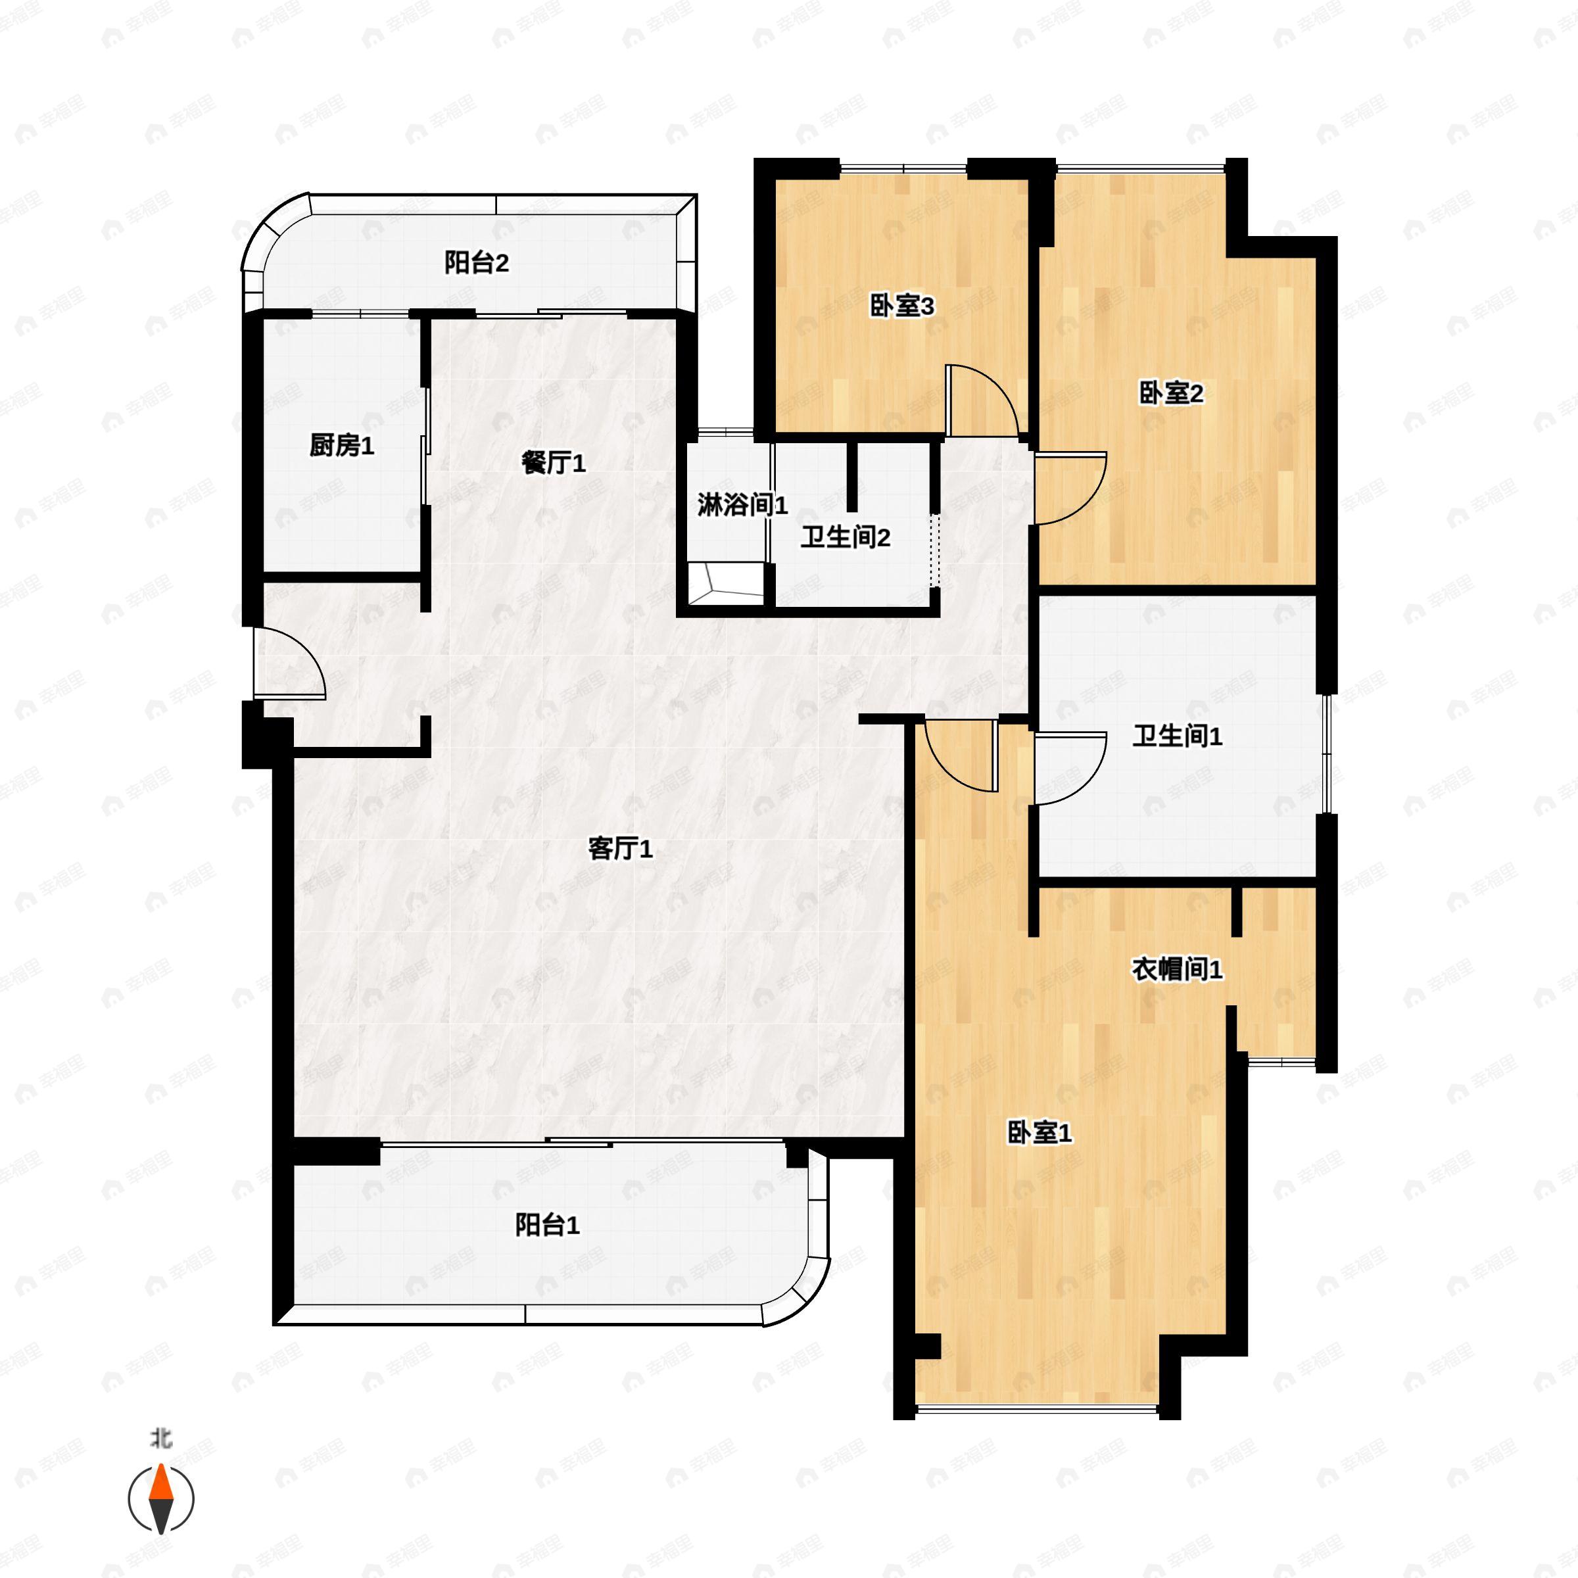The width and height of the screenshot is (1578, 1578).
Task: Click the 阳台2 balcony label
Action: pyautogui.click(x=476, y=263)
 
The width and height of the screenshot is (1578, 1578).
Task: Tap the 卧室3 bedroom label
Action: pyautogui.click(x=901, y=306)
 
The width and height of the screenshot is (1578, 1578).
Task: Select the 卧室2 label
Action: pyautogui.click(x=1170, y=394)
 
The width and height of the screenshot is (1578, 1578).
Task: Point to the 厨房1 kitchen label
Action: pyautogui.click(x=341, y=445)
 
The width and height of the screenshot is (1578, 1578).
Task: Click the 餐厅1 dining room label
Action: pyautogui.click(x=553, y=463)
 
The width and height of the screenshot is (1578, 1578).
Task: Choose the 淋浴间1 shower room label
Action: pyautogui.click(x=742, y=505)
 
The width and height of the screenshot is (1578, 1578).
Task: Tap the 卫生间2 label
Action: pyautogui.click(x=844, y=537)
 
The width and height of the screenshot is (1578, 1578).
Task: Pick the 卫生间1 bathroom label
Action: pyautogui.click(x=1176, y=736)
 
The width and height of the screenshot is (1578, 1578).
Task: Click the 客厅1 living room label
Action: pyautogui.click(x=620, y=849)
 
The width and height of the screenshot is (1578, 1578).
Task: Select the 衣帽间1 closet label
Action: pyautogui.click(x=1176, y=970)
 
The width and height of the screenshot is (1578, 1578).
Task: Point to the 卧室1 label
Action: pyautogui.click(x=1039, y=1132)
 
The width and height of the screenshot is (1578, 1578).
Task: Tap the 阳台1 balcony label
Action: pyautogui.click(x=547, y=1224)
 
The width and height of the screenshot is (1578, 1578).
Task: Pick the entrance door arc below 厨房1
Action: pyautogui.click(x=290, y=662)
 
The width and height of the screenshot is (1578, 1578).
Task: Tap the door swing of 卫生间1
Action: pyautogui.click(x=1070, y=769)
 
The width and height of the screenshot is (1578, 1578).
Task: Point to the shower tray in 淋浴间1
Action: pyautogui.click(x=724, y=583)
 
